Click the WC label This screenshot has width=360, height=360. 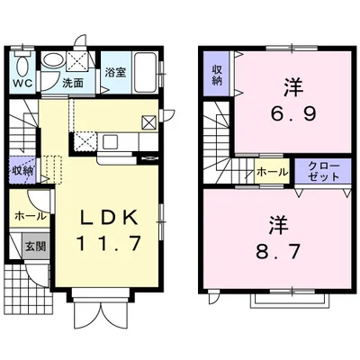pyautogui.click(x=22, y=83)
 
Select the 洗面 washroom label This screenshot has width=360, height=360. pyautogui.click(x=73, y=83)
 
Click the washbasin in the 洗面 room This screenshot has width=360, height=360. pyautogui.click(x=53, y=60)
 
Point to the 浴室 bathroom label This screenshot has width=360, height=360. pyautogui.click(x=115, y=72)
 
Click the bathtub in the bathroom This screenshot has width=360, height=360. pyautogui.click(x=145, y=73)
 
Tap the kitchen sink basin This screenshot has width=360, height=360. pyautogui.click(x=110, y=141)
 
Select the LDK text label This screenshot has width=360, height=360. pyautogui.click(x=109, y=217)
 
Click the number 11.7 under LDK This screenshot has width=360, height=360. pyautogui.click(x=109, y=243)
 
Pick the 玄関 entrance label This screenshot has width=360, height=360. pyautogui.click(x=35, y=246)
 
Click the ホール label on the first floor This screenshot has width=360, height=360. pyautogui.click(x=31, y=216)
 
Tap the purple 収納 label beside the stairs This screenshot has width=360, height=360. pyautogui.click(x=22, y=171)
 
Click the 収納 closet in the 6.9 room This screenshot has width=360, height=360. pyautogui.click(x=217, y=75)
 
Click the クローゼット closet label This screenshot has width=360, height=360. pyautogui.click(x=324, y=171)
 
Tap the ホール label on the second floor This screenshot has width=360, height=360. pyautogui.click(x=273, y=172)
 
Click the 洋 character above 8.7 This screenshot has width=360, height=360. pyautogui.click(x=278, y=226)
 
